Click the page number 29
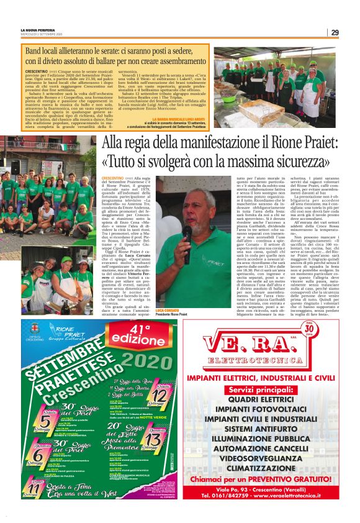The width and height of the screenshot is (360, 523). pyautogui.click(x=335, y=32)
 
